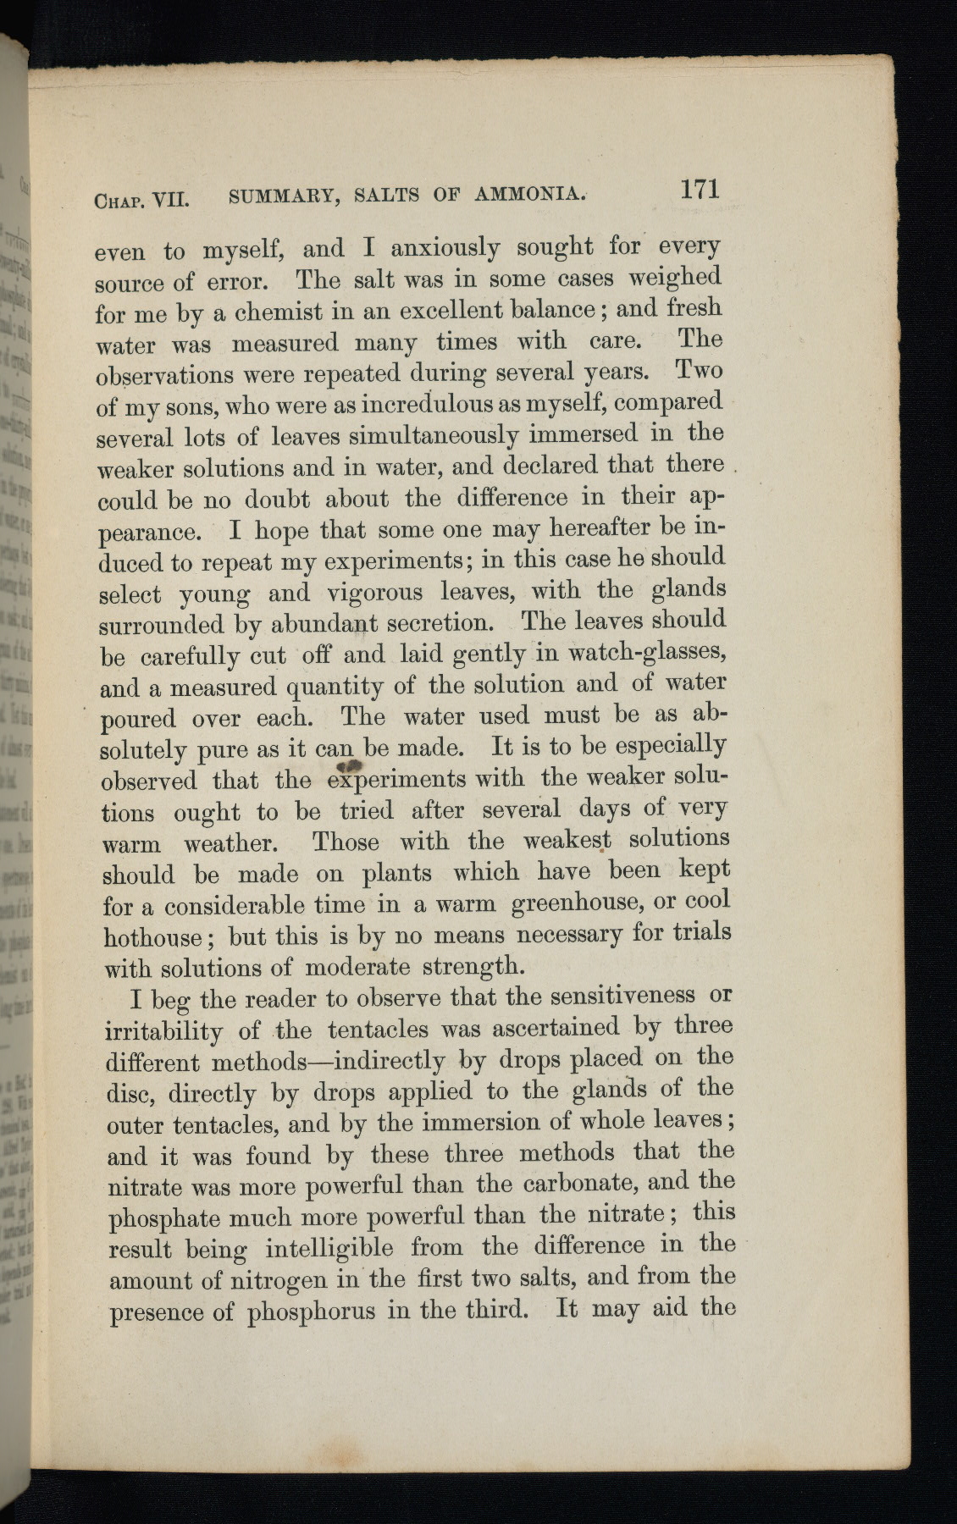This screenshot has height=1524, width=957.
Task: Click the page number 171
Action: [x=700, y=188]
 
